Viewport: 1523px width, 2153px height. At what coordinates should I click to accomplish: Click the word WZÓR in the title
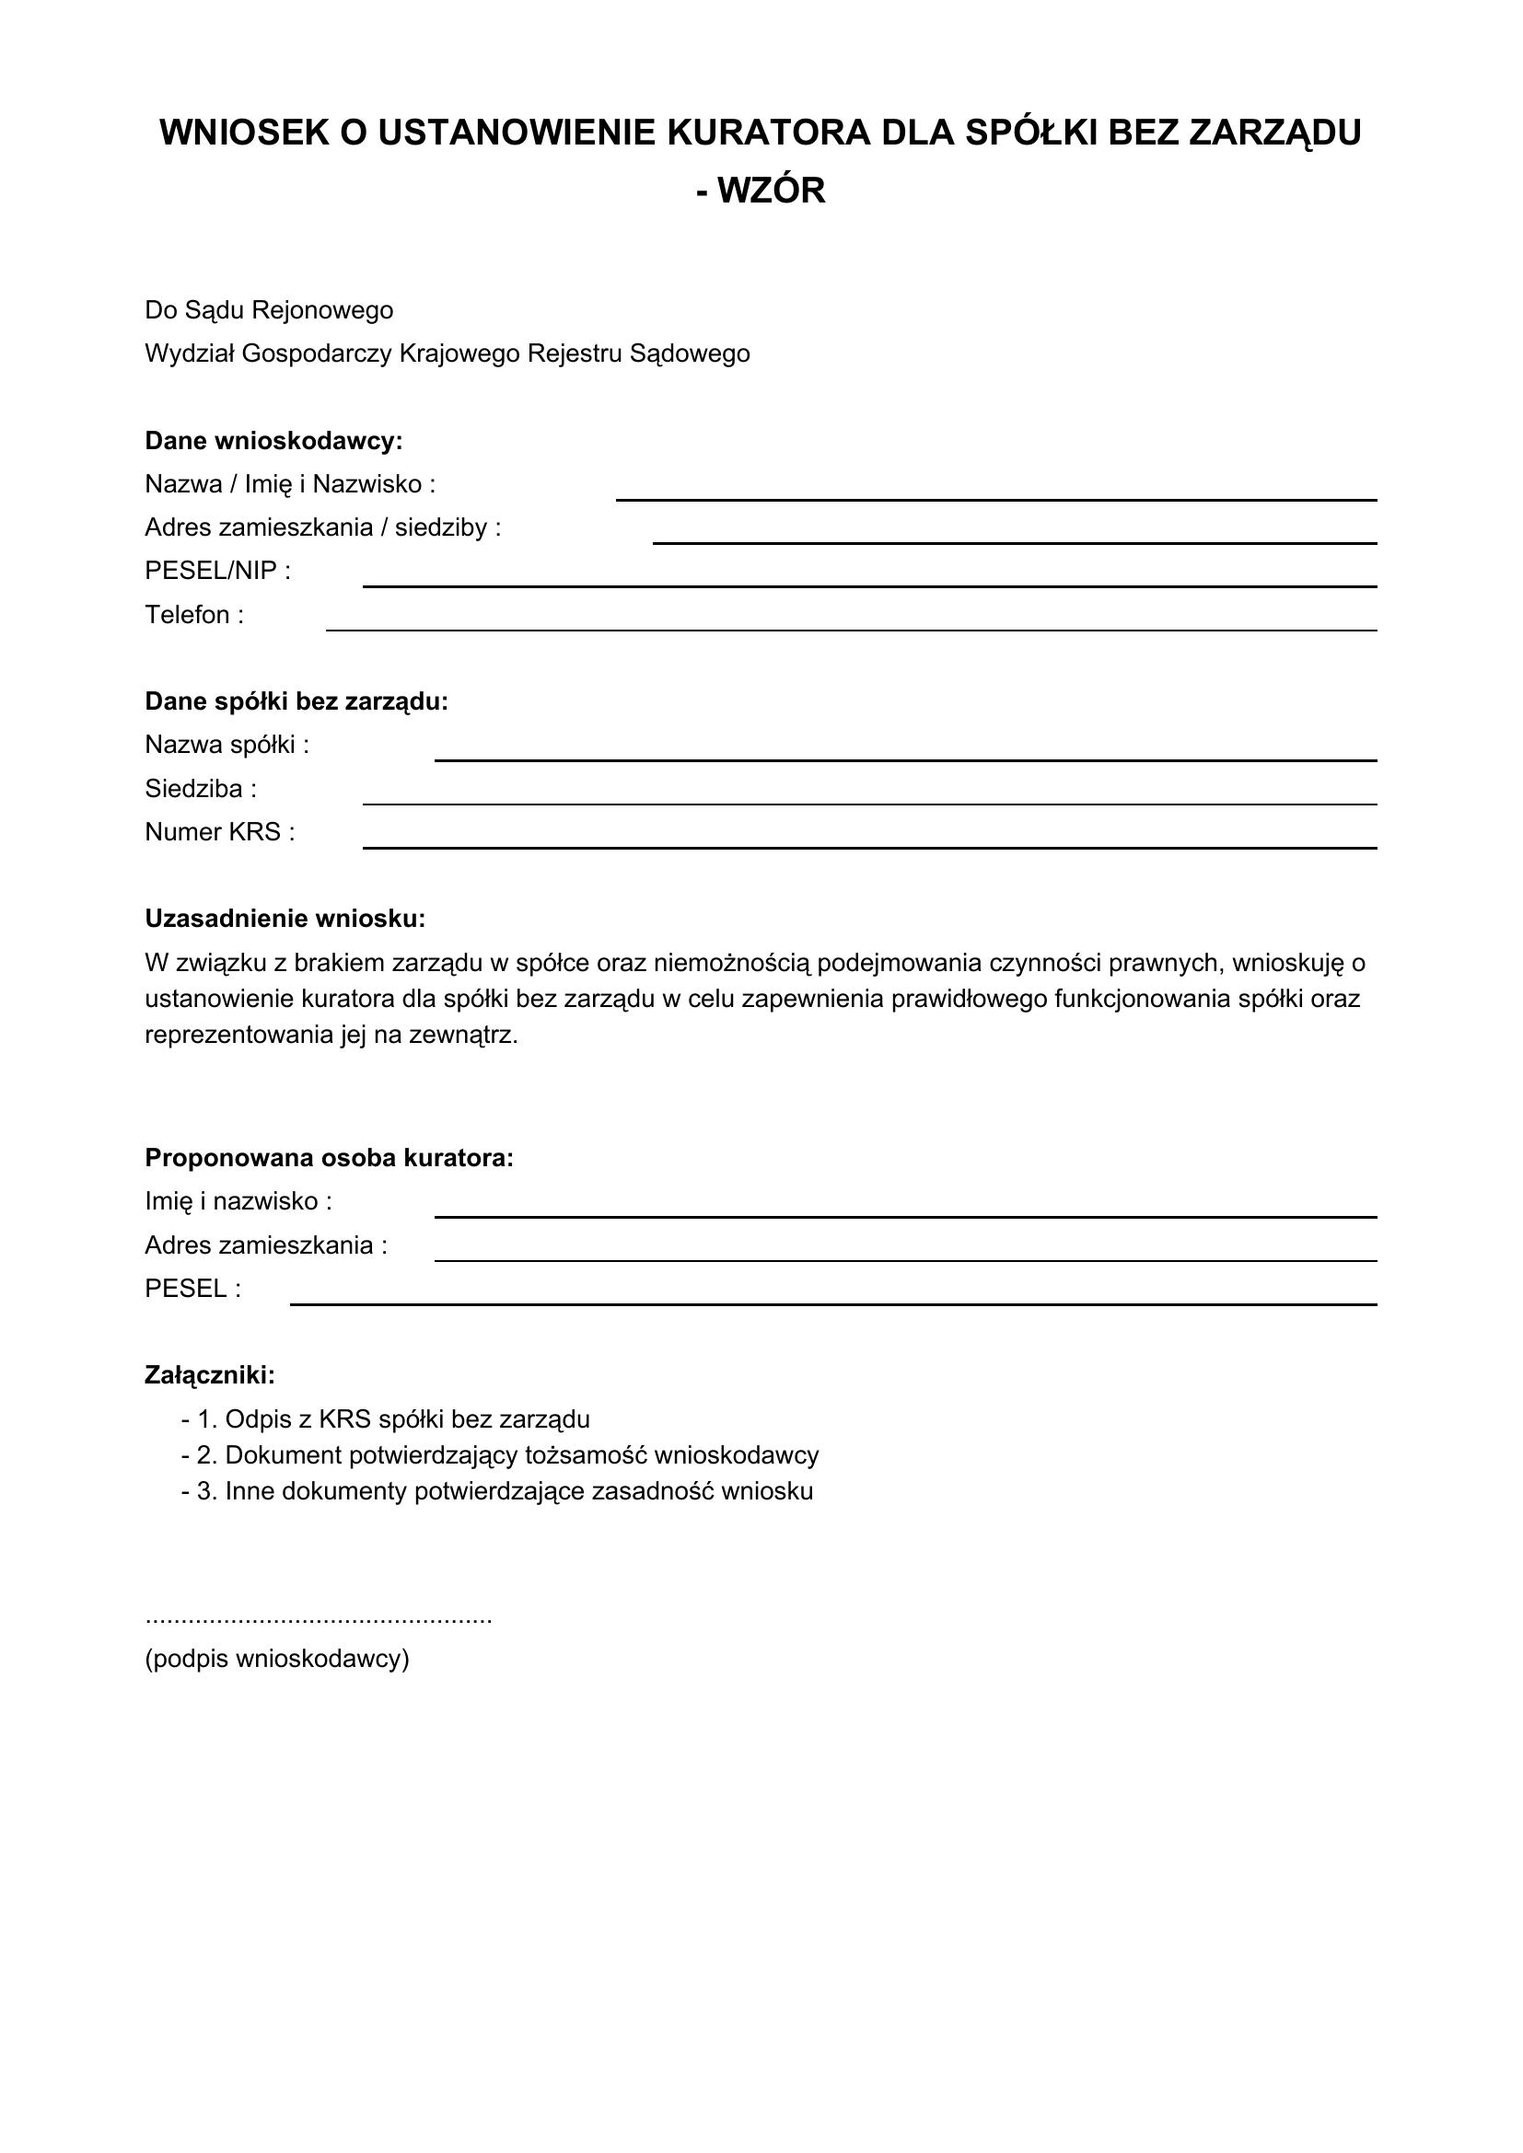pos(771,191)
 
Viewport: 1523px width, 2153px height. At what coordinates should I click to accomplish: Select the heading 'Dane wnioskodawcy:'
pos(273,441)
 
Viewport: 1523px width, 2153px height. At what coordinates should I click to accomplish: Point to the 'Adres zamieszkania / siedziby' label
pos(322,528)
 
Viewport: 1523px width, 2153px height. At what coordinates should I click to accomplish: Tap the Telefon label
pos(194,615)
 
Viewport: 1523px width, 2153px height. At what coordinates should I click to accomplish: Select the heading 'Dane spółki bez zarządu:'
pos(296,701)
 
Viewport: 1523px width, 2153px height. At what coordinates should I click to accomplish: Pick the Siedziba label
pos(201,790)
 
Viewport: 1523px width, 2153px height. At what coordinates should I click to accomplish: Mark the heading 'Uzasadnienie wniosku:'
pos(285,919)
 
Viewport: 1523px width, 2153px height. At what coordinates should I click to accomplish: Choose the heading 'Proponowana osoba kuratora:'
pos(329,1158)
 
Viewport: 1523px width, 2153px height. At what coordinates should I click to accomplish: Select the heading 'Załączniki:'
pos(210,1375)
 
